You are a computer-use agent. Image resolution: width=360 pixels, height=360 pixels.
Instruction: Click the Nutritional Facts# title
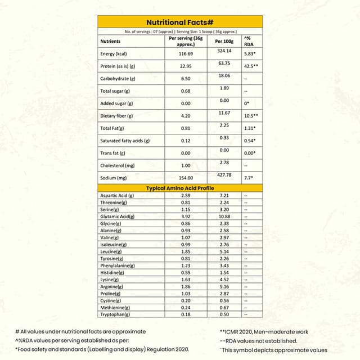click(179, 22)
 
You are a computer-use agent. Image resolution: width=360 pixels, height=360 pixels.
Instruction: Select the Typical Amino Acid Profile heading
click(179, 188)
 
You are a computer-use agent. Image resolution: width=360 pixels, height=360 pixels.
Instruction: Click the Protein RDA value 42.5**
click(251, 66)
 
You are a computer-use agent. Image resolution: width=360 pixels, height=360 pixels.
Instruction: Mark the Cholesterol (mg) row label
click(118, 165)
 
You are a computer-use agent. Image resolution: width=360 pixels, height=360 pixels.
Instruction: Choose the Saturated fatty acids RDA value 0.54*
click(251, 141)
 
